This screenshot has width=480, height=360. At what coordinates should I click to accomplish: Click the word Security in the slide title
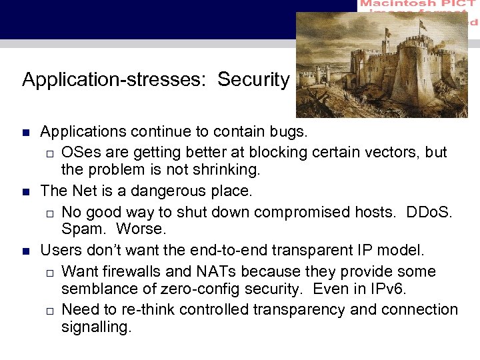[253, 79]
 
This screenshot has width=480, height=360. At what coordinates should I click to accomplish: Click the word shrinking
[223, 170]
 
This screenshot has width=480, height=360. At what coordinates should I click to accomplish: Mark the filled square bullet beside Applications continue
[26, 133]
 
